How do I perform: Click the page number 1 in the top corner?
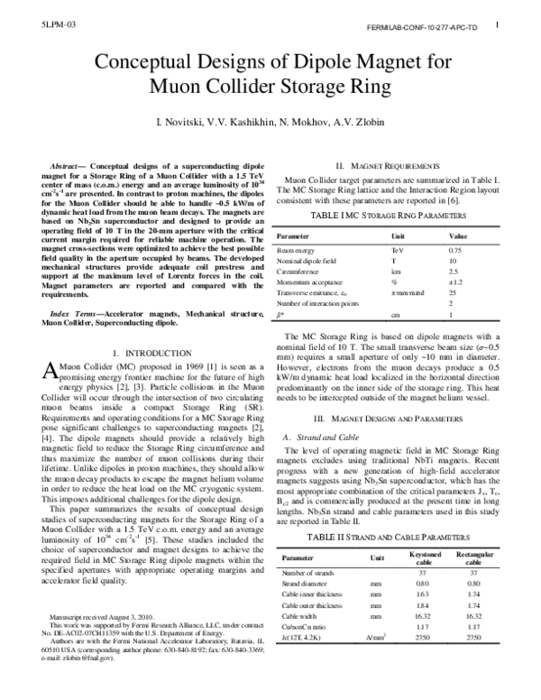pyautogui.click(x=498, y=27)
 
